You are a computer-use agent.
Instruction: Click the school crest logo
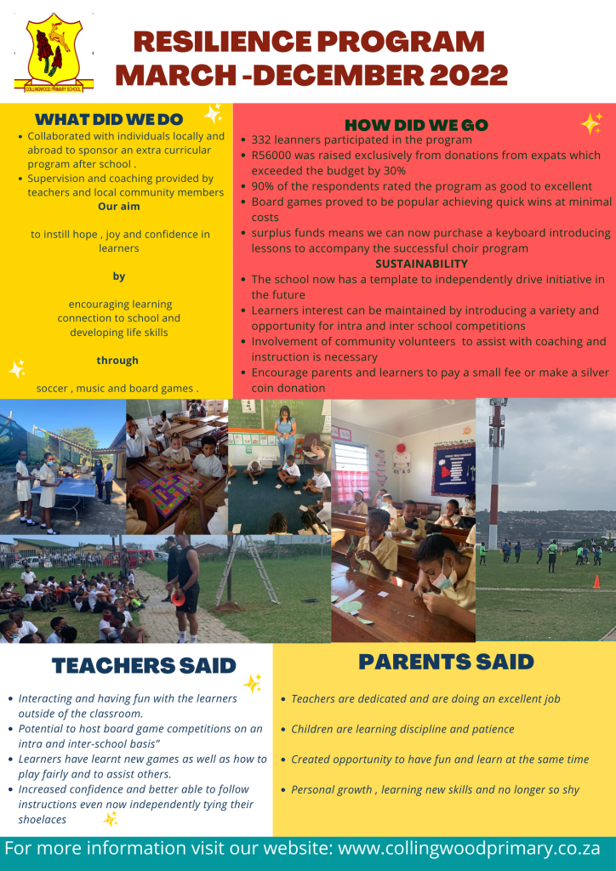click(x=54, y=53)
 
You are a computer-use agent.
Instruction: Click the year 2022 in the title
click(x=470, y=75)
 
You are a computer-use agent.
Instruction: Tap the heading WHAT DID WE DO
click(x=109, y=119)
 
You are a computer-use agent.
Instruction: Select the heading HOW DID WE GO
click(x=416, y=125)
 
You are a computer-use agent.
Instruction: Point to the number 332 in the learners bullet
click(x=263, y=139)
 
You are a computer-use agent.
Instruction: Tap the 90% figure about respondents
click(x=264, y=186)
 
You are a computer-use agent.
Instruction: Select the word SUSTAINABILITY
click(x=422, y=264)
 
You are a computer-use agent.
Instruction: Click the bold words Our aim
click(x=119, y=206)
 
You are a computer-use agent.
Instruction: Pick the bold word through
click(x=117, y=360)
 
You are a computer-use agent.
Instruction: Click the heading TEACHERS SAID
click(x=144, y=665)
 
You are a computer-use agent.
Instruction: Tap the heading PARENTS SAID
click(x=446, y=661)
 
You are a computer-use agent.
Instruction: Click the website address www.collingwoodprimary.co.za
click(x=470, y=849)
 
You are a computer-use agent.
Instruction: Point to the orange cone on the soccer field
click(x=596, y=582)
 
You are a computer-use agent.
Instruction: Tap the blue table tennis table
click(x=70, y=509)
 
